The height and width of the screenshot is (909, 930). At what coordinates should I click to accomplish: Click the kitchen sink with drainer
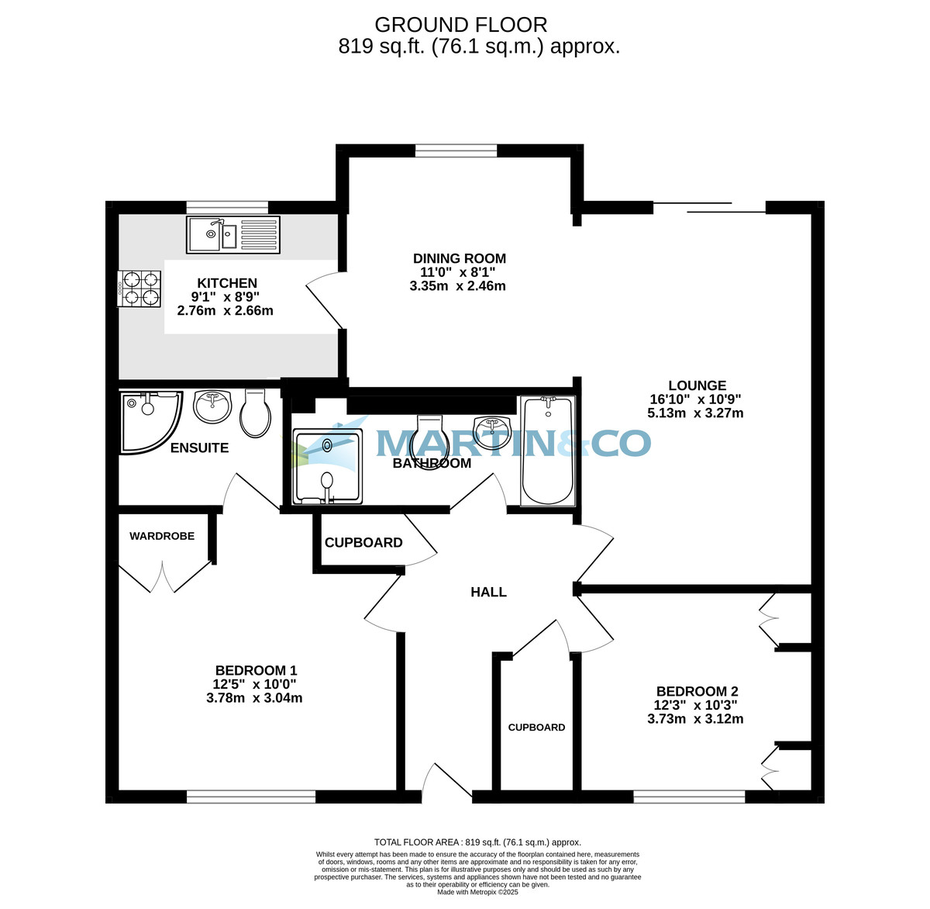pyautogui.click(x=232, y=234)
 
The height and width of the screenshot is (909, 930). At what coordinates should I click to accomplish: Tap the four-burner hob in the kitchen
pyautogui.click(x=140, y=289)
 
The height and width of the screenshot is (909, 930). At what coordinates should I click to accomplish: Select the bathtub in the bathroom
pyautogui.click(x=548, y=450)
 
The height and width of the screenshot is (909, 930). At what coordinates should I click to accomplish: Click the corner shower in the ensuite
pyautogui.click(x=148, y=421)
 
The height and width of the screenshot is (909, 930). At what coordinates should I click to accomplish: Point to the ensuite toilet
pyautogui.click(x=256, y=413)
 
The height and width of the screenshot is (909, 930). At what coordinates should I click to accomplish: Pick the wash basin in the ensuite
pyautogui.click(x=212, y=406)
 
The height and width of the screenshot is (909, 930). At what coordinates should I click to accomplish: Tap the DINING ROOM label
pyautogui.click(x=459, y=258)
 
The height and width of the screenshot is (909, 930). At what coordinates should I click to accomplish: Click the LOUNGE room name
pyautogui.click(x=697, y=385)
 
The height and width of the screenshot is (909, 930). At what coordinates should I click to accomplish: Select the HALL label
pyautogui.click(x=488, y=592)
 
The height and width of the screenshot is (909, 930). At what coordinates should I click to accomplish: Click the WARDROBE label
pyautogui.click(x=162, y=536)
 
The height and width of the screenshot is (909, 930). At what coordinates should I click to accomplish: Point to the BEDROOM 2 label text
pyautogui.click(x=697, y=691)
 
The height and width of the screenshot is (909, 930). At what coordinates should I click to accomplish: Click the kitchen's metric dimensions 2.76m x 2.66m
pyautogui.click(x=225, y=311)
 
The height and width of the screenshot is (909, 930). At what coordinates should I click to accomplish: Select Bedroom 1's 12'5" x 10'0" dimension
pyautogui.click(x=254, y=684)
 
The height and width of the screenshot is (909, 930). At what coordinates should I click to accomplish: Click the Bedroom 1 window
pyautogui.click(x=251, y=797)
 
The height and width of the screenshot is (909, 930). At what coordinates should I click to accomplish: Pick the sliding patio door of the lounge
pyautogui.click(x=709, y=207)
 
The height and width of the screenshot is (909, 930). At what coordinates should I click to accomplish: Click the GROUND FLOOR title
pyautogui.click(x=460, y=25)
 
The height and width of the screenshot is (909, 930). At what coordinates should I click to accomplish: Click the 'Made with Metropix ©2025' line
pyautogui.click(x=477, y=892)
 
